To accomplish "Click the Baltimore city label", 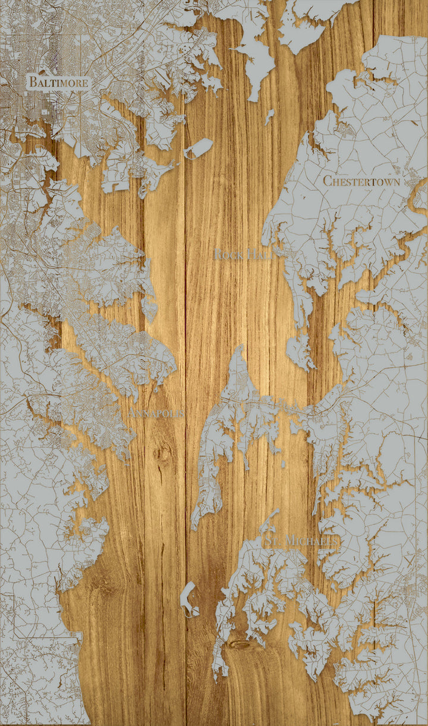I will tap(59, 82).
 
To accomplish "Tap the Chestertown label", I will tap(361, 181).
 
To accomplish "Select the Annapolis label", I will tap(156, 413).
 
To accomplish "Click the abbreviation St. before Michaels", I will tap(272, 541).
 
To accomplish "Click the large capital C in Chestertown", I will tap(328, 181).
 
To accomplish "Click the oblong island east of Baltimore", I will tap(199, 148).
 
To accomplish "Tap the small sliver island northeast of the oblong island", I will tap(269, 116).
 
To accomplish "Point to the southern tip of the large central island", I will tap(195, 528).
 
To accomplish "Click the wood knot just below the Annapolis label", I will tap(162, 453).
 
